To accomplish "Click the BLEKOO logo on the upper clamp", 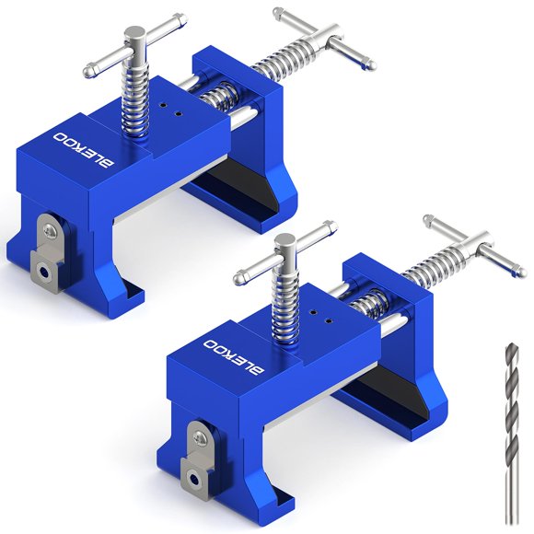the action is (x=84, y=150).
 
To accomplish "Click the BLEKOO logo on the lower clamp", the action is (x=234, y=357).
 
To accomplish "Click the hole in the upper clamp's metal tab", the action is (x=43, y=273).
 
